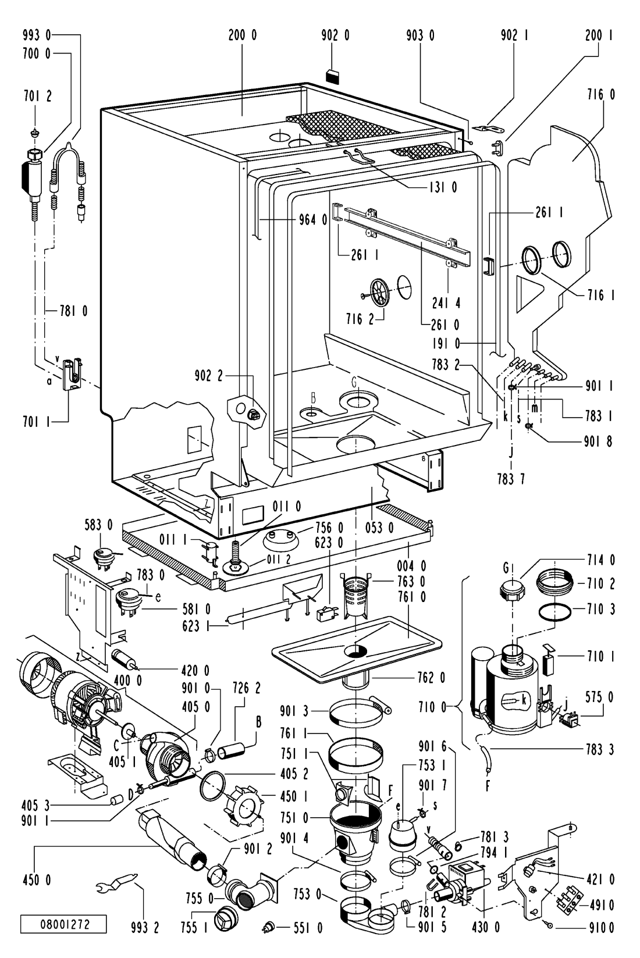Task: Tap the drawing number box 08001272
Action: (64, 925)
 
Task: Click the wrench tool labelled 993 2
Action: (118, 886)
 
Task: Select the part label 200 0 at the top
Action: (243, 36)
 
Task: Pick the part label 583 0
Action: (101, 525)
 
